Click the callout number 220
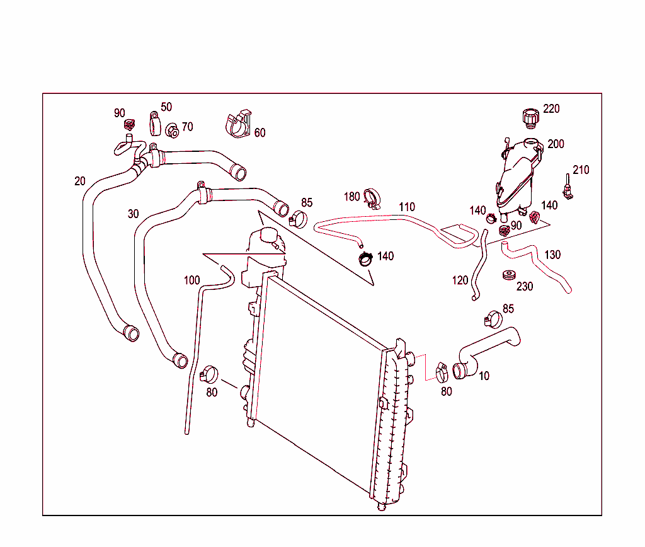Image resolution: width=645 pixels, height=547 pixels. pos(551,109)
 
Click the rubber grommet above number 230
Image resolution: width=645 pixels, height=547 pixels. pos(508,275)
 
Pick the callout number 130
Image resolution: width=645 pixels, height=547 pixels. pos(552,255)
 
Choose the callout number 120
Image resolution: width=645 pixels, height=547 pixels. pos(460,279)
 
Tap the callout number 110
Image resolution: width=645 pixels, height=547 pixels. pos(407,207)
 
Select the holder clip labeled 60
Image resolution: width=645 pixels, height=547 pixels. pos(239,124)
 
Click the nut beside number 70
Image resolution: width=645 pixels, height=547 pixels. pos(172,131)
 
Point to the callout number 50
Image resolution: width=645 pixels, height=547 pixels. pos(166,107)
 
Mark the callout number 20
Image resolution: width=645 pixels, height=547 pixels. pos(79,181)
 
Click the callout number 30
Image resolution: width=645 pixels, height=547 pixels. pos(133,214)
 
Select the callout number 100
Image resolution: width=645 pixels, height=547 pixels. pos(191,280)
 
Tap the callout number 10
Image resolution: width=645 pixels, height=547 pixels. pos(484,376)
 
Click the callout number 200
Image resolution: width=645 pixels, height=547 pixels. pos(556,144)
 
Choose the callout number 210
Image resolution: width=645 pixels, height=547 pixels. pos(581,170)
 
